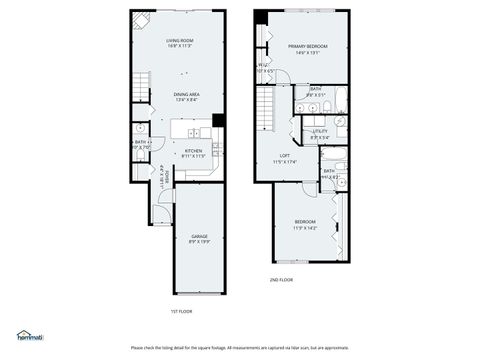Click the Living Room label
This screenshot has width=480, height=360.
point(178,41)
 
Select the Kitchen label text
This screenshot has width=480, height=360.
point(193,151)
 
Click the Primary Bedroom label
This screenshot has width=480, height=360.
point(308,46)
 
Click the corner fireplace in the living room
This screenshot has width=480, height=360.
point(142,20)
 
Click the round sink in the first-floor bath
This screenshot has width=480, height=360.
point(140,129)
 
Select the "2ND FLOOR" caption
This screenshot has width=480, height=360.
point(281,280)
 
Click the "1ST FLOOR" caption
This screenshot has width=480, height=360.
point(181,311)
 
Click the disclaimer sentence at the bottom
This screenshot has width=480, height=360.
point(240,347)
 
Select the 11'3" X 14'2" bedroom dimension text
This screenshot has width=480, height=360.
point(305,227)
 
